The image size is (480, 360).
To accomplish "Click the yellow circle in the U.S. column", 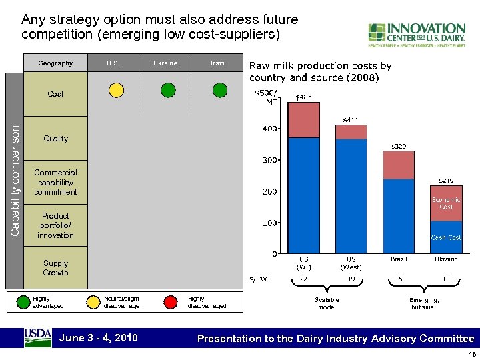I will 116,90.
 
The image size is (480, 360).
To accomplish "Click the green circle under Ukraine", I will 169,90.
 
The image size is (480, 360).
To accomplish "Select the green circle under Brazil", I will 221,90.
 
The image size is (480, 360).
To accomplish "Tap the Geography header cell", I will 55,63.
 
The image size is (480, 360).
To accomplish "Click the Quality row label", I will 55,139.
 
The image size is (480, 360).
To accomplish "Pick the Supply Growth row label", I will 55,268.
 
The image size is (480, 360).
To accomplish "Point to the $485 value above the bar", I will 303,97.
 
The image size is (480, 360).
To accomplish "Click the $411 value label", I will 351,120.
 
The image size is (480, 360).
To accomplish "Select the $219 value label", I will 446,180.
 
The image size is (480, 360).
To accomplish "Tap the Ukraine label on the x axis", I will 446,259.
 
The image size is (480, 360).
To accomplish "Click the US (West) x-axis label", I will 351,263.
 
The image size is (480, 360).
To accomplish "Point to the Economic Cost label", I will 446,203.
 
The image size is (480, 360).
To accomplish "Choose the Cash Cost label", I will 446,237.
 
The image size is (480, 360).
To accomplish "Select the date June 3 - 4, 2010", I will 99,338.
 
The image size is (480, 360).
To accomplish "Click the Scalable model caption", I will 327,303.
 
